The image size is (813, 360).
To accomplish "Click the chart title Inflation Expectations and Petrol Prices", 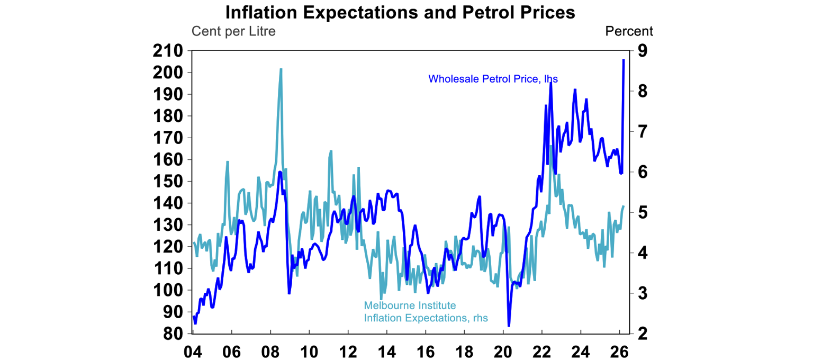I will [400, 12].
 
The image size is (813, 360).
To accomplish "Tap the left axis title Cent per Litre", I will [233, 31].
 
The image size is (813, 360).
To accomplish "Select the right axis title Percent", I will [629, 31].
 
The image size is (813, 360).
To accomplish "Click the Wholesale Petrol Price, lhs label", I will [493, 79].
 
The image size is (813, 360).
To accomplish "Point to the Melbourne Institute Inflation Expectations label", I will [426, 312].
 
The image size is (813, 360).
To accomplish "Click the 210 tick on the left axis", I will [168, 51].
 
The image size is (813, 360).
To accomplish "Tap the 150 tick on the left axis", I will [168, 182].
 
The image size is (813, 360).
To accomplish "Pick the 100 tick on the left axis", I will [168, 291].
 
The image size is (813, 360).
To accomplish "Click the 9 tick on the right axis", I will [643, 51].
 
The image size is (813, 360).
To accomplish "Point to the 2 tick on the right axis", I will [643, 334].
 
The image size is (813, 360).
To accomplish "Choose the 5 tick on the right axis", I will [643, 213].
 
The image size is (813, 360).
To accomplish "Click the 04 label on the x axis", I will [193, 352].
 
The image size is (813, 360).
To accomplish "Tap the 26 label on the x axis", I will [619, 352].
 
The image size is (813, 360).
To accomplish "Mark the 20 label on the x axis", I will [503, 352].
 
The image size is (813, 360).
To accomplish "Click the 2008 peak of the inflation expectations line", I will [281, 69].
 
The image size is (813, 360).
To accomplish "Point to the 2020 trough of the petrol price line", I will [509, 326].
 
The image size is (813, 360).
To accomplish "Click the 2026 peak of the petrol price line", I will [624, 60].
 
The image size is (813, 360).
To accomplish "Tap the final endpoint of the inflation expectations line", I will [624, 206].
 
